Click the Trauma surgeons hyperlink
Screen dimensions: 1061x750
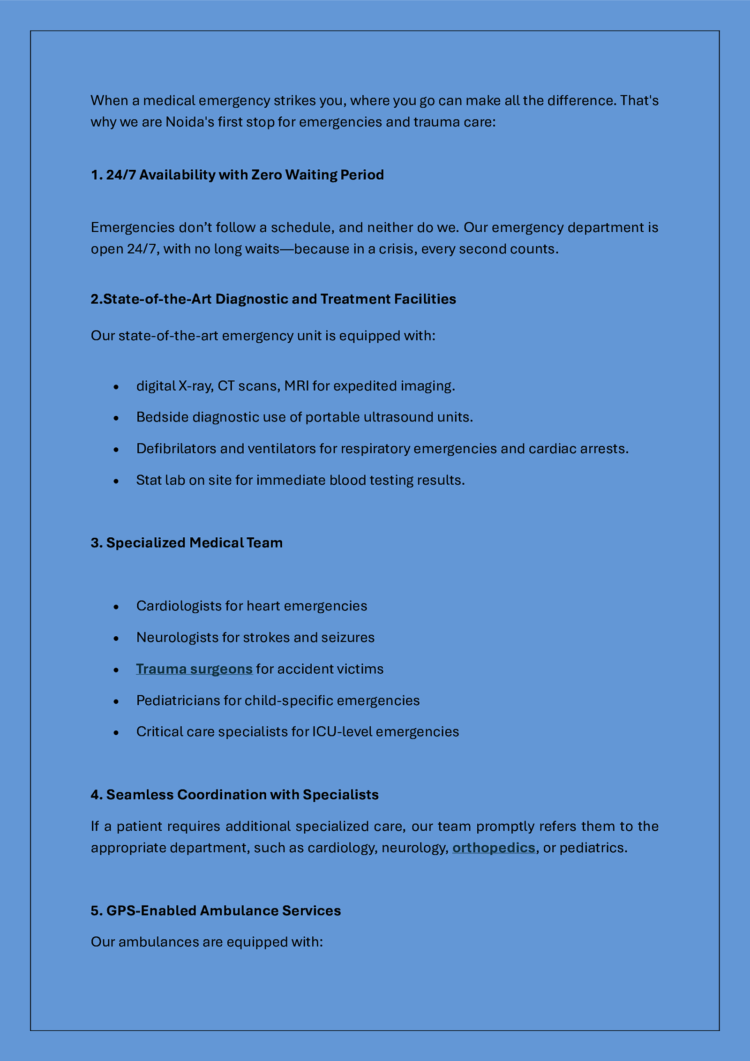[194, 669]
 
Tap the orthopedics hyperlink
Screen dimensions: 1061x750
[493, 848]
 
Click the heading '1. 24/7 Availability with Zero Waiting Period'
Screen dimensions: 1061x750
[237, 175]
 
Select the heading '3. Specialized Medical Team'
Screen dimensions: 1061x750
[187, 543]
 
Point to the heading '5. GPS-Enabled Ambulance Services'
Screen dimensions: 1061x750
[216, 911]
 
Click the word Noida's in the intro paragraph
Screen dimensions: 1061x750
[190, 122]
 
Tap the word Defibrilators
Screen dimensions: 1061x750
[176, 449]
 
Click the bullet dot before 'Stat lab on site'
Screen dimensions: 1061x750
[116, 481]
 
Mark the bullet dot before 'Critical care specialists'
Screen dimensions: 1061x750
[116, 733]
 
